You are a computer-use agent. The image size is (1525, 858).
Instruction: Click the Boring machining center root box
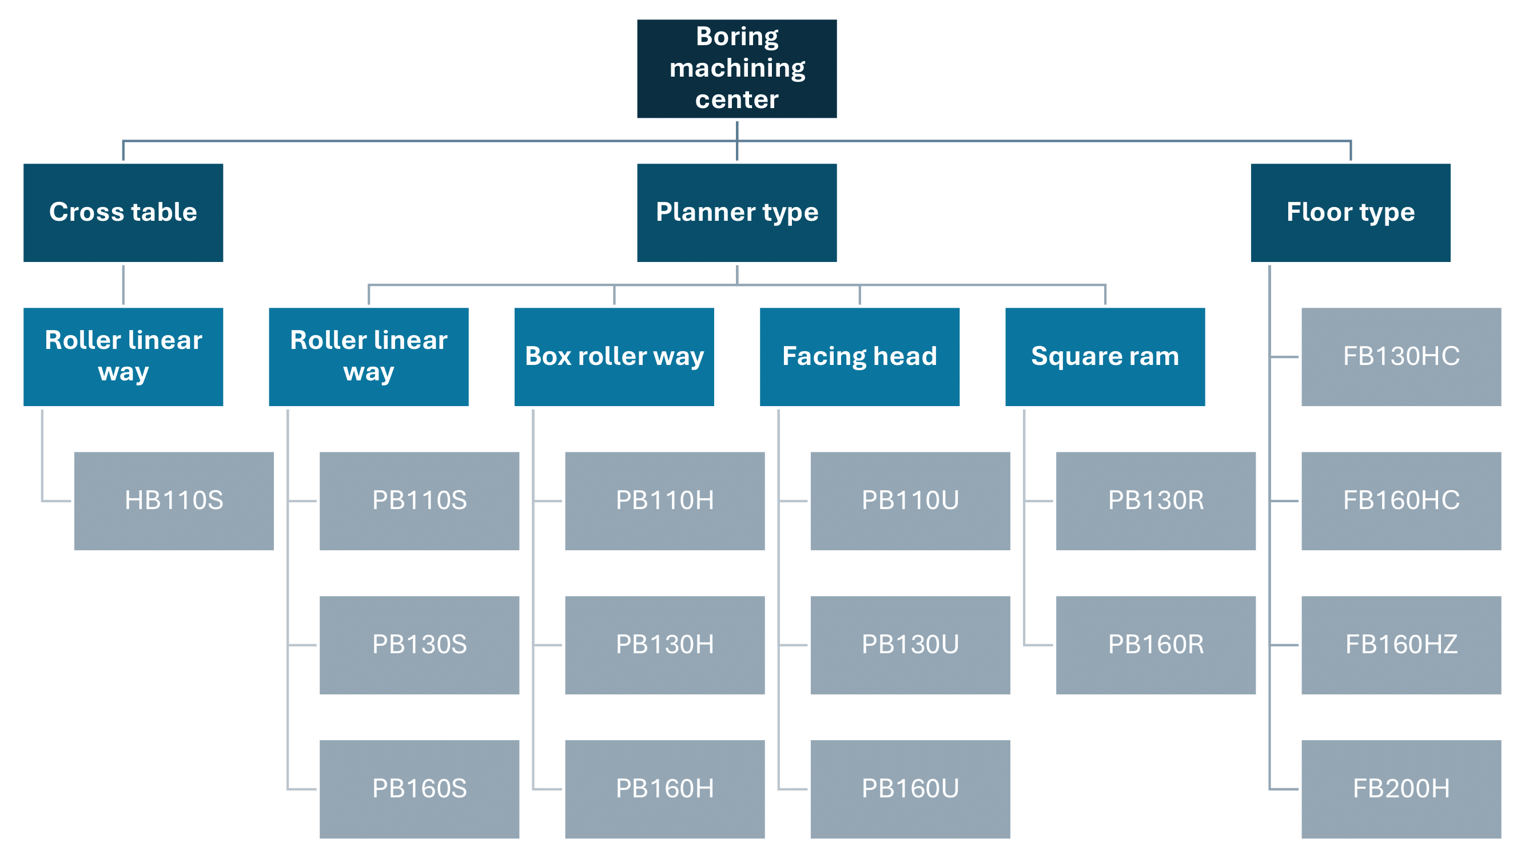click(x=736, y=69)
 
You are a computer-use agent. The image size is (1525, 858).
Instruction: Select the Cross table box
click(x=123, y=213)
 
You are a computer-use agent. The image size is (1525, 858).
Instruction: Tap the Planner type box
click(x=736, y=213)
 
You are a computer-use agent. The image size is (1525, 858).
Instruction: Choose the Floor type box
click(x=1351, y=213)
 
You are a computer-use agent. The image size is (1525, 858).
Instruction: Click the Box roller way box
click(x=614, y=356)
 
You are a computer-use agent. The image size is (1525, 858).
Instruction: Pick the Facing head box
click(x=859, y=356)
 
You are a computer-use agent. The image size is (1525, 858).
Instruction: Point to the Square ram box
click(x=1105, y=356)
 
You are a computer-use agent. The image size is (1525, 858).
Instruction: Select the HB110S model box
click(x=174, y=501)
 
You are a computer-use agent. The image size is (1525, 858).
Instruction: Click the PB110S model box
click(x=419, y=501)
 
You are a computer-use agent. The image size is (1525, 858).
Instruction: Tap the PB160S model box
click(x=419, y=789)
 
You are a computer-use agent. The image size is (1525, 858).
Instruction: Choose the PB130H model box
click(x=665, y=645)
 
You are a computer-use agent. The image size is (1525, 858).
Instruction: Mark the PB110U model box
click(x=910, y=501)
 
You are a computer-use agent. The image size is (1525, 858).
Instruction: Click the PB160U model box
click(x=910, y=789)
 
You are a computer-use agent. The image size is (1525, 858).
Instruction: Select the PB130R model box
click(x=1156, y=501)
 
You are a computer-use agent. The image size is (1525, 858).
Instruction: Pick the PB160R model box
click(x=1156, y=645)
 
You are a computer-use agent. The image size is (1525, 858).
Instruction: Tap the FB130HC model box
click(x=1401, y=356)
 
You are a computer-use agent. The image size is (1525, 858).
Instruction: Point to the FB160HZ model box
click(x=1401, y=645)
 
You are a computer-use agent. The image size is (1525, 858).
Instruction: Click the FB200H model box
click(x=1401, y=789)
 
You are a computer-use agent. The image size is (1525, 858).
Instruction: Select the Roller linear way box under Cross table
click(x=123, y=356)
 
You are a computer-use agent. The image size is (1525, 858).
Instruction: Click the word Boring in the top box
click(x=737, y=37)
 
